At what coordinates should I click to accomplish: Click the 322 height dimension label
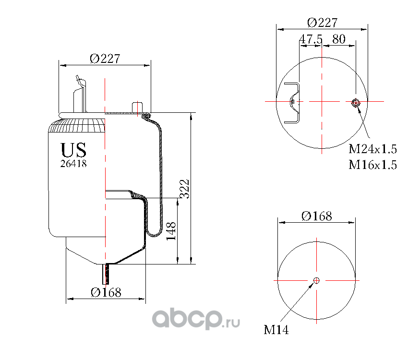(184, 189)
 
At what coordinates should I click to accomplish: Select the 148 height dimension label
(171, 231)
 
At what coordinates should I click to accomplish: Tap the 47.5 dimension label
(311, 39)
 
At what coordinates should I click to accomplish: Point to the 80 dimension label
(339, 39)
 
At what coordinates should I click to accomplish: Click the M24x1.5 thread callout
(372, 149)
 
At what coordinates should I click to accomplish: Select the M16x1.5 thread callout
(372, 165)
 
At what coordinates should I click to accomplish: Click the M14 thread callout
(276, 330)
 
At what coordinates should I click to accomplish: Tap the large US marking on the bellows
(73, 150)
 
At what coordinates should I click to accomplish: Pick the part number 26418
(73, 164)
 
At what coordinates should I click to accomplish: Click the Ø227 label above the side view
(105, 59)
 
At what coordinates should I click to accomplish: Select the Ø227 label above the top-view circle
(323, 23)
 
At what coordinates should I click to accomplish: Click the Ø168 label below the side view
(106, 292)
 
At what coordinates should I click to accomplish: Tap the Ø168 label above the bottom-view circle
(317, 216)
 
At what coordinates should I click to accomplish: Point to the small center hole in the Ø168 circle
(316, 280)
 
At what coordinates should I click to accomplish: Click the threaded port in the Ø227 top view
(355, 102)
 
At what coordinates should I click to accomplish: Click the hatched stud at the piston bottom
(106, 274)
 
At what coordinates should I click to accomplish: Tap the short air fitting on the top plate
(137, 108)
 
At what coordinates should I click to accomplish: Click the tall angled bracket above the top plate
(80, 94)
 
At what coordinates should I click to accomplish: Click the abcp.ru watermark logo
(196, 319)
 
